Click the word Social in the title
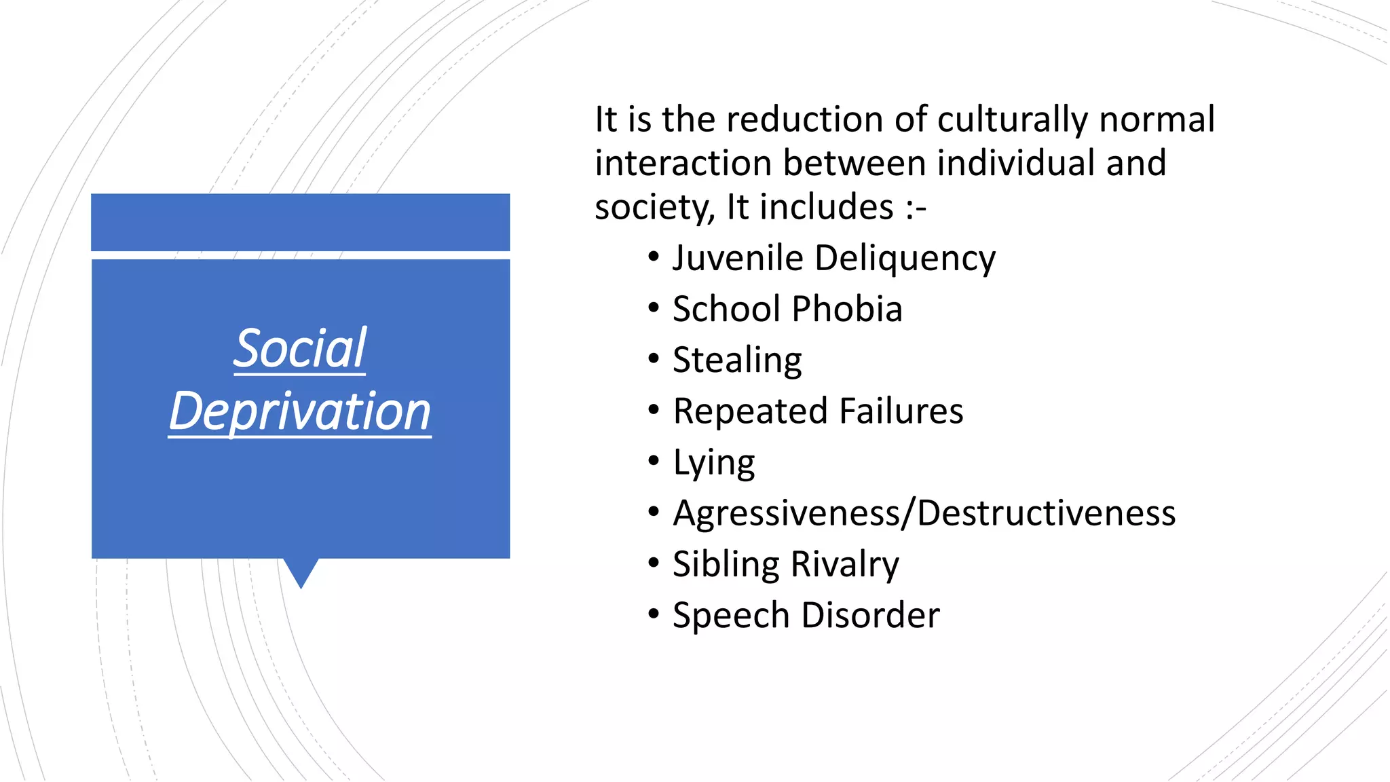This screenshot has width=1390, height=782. tap(300, 348)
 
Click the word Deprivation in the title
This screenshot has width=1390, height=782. tap(300, 411)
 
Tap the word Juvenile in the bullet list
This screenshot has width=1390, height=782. tap(738, 259)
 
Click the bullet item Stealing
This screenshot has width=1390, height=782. tap(737, 360)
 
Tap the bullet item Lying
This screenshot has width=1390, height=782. tap(713, 463)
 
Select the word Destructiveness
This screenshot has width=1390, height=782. tap(1046, 514)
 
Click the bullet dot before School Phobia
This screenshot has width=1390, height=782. tap(654, 308)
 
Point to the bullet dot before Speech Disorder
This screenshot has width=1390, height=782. tap(654, 614)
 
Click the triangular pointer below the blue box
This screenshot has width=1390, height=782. tap(301, 572)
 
